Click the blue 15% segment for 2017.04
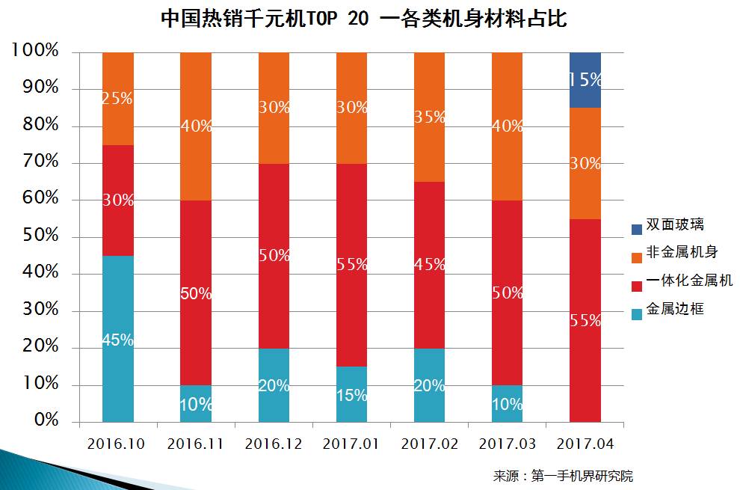(585, 80)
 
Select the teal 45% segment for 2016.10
(118, 339)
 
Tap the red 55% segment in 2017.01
(351, 265)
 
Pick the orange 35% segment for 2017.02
(429, 117)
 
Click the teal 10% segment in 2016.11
(196, 404)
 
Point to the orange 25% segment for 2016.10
(118, 99)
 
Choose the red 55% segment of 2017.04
(585, 320)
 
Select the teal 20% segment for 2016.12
(274, 385)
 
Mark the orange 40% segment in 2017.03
(507, 126)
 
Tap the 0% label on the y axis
(46, 420)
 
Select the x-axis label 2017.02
(429, 444)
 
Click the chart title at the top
(363, 19)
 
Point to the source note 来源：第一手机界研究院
(563, 475)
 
